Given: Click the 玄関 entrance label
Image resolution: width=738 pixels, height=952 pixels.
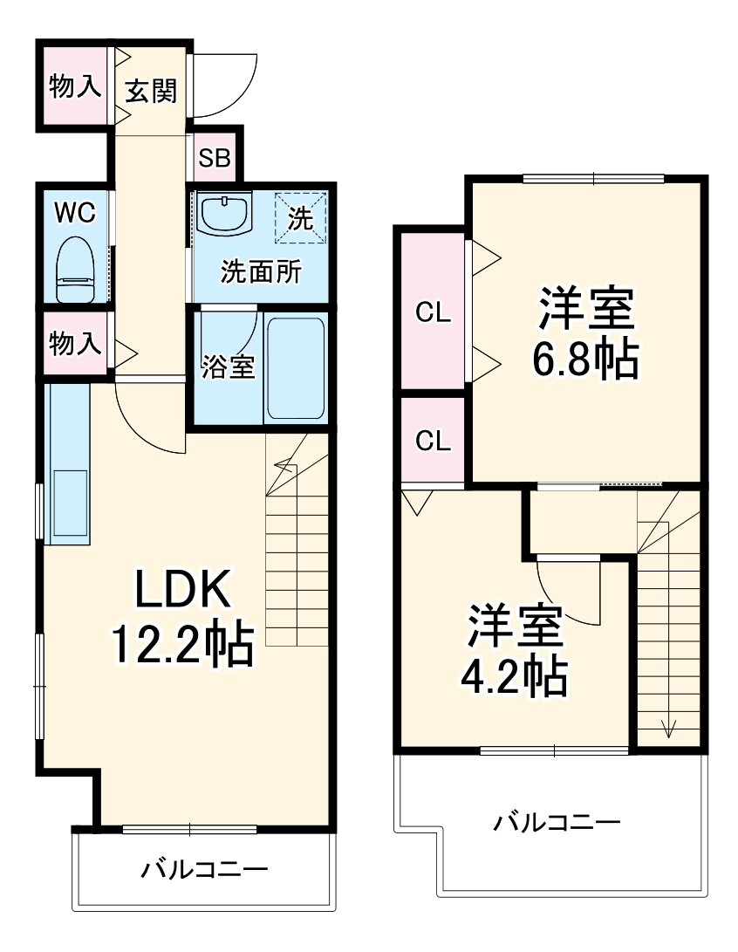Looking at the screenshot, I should [150, 90].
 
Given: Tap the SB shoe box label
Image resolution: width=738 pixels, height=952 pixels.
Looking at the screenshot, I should [214, 158].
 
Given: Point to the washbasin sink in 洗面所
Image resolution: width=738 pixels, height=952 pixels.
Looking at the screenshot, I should [224, 214].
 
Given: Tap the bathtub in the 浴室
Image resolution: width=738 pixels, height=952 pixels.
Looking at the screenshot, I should [296, 367].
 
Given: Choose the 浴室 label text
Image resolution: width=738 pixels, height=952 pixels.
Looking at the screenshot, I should [228, 367].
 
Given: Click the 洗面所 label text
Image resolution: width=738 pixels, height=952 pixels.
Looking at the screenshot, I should [259, 272].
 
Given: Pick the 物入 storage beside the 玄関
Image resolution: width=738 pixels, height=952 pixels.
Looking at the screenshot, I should [73, 86].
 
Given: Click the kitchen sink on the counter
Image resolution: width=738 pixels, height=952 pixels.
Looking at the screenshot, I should [70, 503].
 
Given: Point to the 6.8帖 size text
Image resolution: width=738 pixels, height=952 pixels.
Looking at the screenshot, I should [585, 358].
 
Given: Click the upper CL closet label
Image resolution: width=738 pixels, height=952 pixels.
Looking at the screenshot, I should [433, 312].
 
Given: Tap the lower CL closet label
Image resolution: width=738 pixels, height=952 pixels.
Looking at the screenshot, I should [433, 441].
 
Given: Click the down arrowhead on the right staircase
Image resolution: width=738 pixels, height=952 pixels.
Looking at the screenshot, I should [669, 728].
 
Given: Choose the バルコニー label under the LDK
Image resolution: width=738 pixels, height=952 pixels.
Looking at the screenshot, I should [205, 869].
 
